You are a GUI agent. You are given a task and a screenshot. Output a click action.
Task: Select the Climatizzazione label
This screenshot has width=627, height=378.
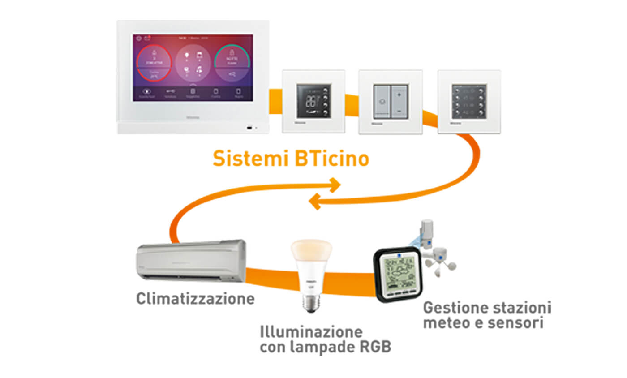point(195,298)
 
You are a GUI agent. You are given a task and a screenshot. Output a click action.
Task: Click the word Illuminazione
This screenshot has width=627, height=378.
point(311,332)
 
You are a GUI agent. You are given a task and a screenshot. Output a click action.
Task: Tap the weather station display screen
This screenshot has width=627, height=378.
point(400,274)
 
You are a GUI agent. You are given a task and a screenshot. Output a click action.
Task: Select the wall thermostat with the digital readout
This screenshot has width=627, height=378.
point(313,101)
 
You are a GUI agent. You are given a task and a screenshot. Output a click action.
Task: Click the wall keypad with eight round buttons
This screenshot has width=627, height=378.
point(469,101)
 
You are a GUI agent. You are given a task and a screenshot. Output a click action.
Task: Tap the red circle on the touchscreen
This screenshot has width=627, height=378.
point(154,64)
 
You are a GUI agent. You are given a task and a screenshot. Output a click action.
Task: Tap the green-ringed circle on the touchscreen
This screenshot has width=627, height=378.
point(232,64)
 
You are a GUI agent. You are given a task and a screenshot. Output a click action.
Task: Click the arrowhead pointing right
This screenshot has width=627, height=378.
point(334,185)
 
